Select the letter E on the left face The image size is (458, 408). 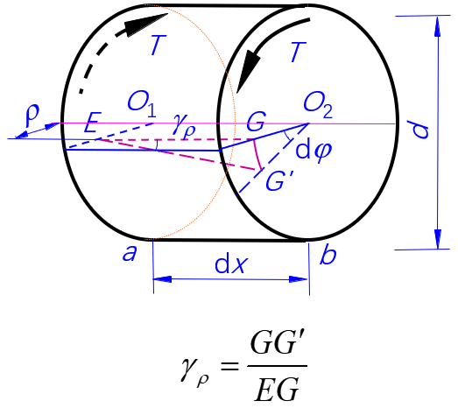93,123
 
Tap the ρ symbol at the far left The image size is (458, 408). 32,116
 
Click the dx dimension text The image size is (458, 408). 231,264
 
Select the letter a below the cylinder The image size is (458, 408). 130,253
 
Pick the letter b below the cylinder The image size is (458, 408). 328,254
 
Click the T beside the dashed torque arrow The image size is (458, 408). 158,45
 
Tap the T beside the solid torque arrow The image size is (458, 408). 298,52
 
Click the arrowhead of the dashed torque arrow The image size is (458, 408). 146,25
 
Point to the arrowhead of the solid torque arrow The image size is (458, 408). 248,71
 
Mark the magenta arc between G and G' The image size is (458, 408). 257,155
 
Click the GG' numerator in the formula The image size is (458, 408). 278,345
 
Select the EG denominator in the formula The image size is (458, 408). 277,388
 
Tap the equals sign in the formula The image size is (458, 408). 229,366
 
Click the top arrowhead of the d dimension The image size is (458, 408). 437,26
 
